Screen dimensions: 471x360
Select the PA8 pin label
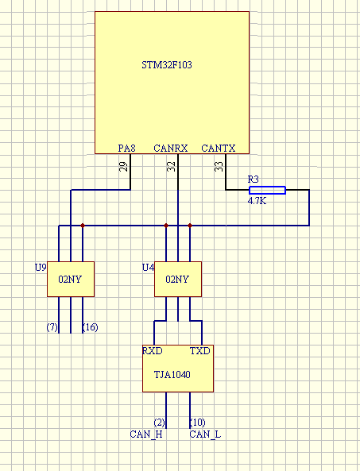126,148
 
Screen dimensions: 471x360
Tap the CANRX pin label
171,148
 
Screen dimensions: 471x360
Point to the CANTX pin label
218,148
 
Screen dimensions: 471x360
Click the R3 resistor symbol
267,190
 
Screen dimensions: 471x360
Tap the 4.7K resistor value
257,202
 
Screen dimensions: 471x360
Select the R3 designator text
254,179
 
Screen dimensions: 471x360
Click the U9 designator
41,267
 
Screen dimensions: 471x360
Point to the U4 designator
147,267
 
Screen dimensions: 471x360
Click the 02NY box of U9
71,279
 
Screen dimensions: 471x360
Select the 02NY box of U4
177,279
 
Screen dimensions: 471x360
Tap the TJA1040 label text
172,373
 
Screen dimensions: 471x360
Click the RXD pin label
152,350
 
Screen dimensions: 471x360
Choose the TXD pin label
199,350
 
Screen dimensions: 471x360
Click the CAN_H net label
146,434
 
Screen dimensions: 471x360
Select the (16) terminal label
90,326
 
